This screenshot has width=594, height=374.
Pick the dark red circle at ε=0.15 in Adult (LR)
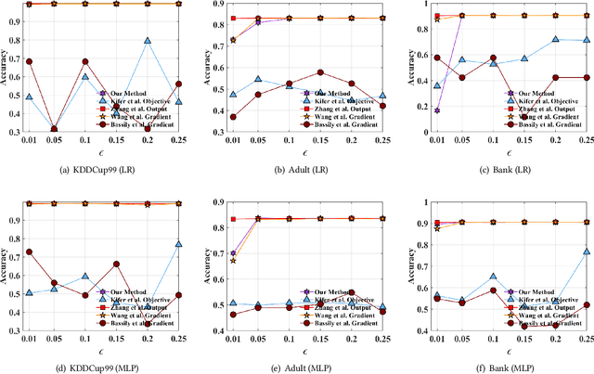[x=320, y=72]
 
